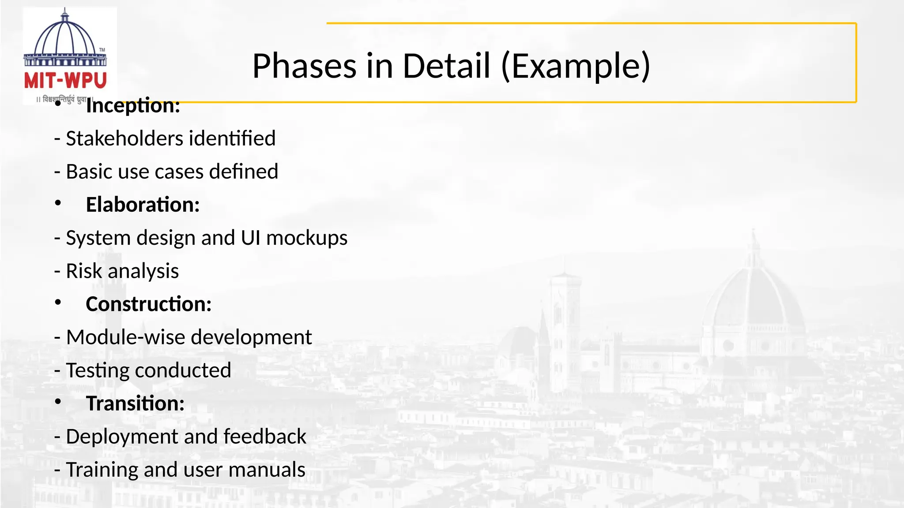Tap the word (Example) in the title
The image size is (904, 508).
tap(576, 66)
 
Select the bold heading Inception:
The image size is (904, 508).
tap(133, 106)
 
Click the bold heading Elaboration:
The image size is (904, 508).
tap(143, 205)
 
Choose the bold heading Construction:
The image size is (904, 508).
tap(148, 304)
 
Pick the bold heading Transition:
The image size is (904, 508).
tap(135, 403)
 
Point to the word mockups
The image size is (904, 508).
tap(307, 238)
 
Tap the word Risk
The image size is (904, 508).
tap(84, 271)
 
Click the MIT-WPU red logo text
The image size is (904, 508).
tap(65, 81)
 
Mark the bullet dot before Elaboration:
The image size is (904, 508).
tap(58, 203)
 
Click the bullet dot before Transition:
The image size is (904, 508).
tap(58, 402)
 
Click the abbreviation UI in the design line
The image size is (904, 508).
tap(250, 238)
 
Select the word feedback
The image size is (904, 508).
tap(265, 437)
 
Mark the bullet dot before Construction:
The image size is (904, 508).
tap(58, 303)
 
